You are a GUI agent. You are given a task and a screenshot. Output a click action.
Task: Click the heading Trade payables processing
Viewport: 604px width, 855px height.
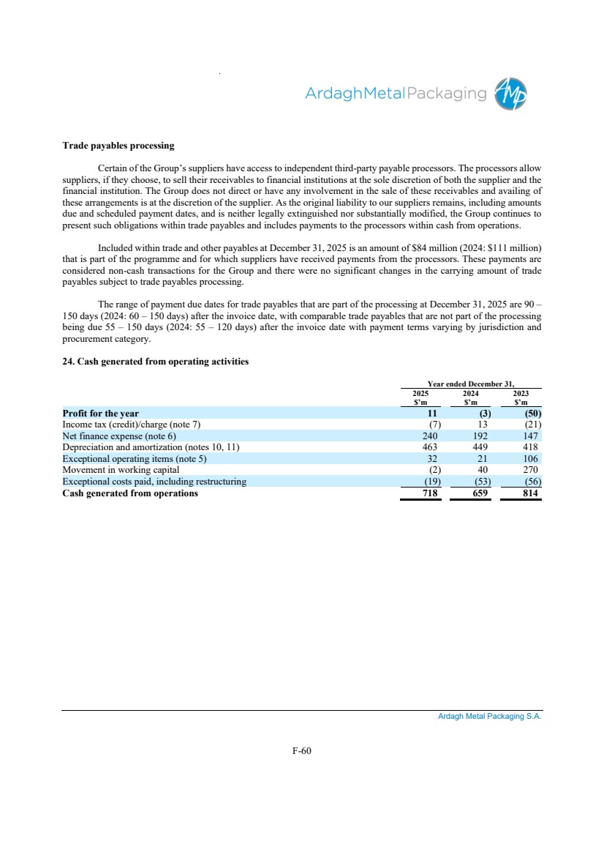click(x=118, y=146)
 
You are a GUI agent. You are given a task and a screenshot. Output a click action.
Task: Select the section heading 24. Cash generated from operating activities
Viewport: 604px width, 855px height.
click(x=156, y=361)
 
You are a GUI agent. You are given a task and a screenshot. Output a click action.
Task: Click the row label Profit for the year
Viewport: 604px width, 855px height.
click(x=101, y=413)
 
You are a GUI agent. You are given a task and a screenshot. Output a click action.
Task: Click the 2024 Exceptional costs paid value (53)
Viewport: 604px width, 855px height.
click(x=478, y=482)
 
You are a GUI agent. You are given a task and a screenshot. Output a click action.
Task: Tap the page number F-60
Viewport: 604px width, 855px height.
click(x=301, y=750)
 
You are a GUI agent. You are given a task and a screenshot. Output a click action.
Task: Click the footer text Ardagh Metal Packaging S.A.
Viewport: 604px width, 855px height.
click(x=489, y=717)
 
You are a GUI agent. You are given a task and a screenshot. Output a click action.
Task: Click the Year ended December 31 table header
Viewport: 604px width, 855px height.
click(x=471, y=384)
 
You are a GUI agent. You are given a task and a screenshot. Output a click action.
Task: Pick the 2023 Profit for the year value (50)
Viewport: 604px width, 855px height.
click(x=527, y=413)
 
